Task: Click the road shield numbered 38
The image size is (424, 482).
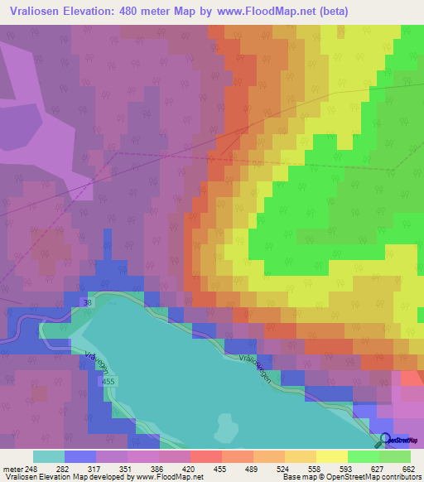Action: [x=88, y=305]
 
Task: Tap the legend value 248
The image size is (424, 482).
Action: [x=31, y=468]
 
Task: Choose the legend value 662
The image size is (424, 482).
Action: [x=407, y=468]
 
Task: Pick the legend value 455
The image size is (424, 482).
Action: [x=219, y=468]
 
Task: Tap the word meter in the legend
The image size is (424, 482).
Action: [x=12, y=468]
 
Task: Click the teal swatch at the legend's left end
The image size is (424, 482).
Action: [x=48, y=456]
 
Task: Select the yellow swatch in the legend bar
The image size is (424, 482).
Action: [x=331, y=456]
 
